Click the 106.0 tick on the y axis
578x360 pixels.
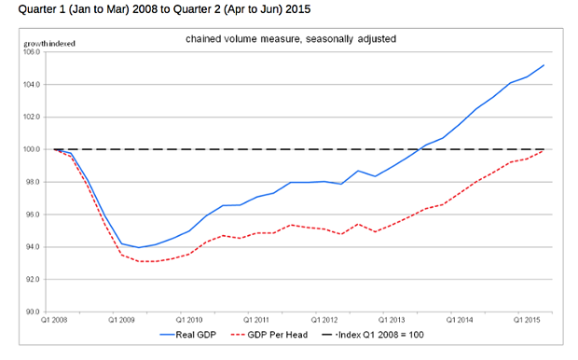click(x=34, y=52)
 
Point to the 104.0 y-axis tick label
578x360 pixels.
click(x=34, y=85)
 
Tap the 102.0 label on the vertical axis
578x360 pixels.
click(x=34, y=118)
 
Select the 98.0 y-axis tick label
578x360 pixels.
click(x=34, y=182)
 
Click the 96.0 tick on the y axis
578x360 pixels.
click(x=34, y=215)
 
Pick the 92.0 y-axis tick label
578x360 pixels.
click(x=34, y=279)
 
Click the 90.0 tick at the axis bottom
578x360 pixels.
click(x=34, y=312)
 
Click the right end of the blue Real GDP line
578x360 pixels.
click(x=544, y=65)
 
